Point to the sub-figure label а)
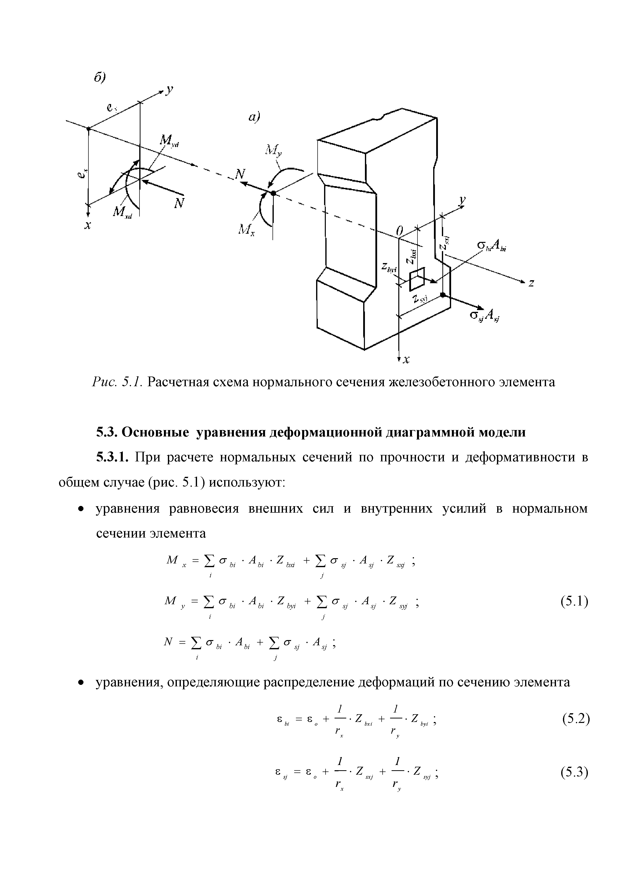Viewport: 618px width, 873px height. coord(253,117)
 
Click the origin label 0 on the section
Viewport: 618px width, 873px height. coord(399,231)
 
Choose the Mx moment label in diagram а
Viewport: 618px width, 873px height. coord(247,229)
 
